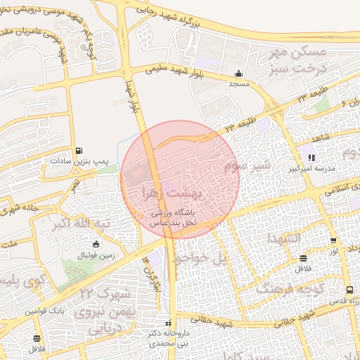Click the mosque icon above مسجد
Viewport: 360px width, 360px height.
pos(239,73)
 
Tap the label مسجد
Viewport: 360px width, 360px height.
pos(238,84)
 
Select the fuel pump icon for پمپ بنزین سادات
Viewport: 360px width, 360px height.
pos(78,150)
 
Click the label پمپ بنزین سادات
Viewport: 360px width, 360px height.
pos(78,161)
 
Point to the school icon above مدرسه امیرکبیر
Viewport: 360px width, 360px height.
pos(311,157)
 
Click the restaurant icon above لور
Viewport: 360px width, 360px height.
pos(333,240)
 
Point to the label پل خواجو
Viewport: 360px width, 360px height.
pos(202,259)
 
